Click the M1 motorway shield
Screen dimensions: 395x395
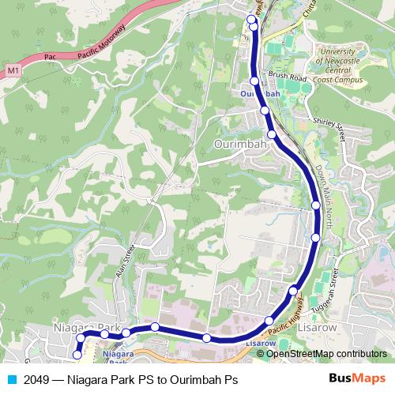click(x=12, y=71)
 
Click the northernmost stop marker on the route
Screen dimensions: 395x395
click(x=251, y=19)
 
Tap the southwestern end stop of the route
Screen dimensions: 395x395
click(x=77, y=355)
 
